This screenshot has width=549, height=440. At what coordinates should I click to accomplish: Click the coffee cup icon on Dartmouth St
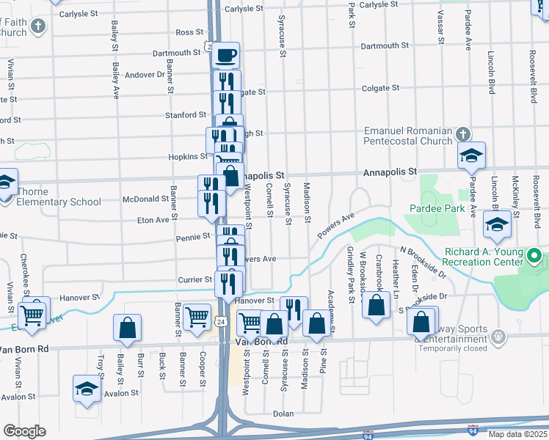click(227, 55)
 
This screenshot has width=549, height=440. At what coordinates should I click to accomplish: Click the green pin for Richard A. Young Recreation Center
click(535, 257)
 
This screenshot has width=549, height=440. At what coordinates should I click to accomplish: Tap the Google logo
click(24, 431)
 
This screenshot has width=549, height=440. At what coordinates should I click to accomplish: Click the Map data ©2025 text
click(517, 434)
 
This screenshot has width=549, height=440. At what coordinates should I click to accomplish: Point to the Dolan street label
click(283, 414)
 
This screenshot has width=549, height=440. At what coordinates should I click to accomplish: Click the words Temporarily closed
click(452, 348)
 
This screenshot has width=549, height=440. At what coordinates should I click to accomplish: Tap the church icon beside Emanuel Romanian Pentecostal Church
click(462, 134)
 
